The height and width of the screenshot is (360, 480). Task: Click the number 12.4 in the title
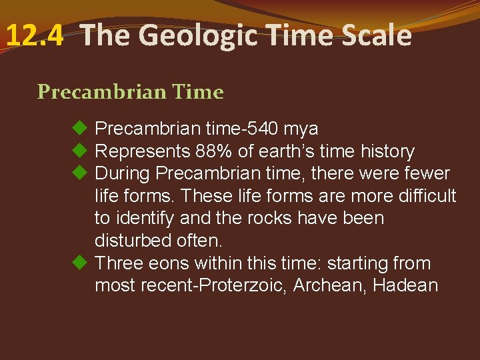coord(35,35)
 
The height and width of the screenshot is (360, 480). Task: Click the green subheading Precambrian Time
coord(131,92)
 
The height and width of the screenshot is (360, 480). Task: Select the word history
coord(385,151)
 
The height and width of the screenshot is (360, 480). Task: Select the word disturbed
coord(136,241)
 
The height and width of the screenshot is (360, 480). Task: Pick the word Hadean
coord(405,286)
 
